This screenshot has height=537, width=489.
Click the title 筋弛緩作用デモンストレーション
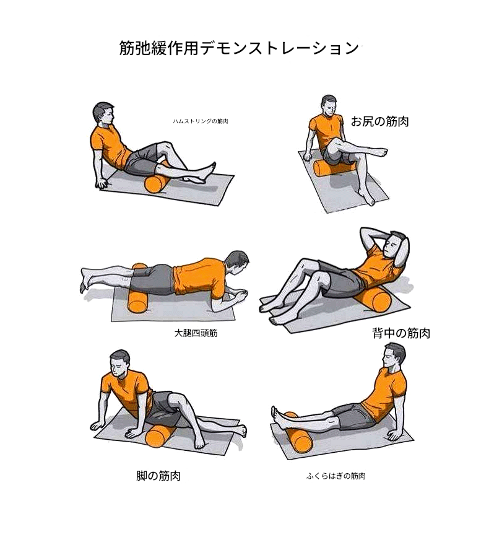click(239, 48)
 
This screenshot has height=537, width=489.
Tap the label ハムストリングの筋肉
click(200, 121)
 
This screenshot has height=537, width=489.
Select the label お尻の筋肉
click(380, 121)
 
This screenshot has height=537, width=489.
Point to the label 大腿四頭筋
click(196, 333)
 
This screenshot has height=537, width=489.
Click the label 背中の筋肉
click(401, 333)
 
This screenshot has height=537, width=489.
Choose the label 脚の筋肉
click(158, 476)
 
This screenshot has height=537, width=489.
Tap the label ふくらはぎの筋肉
click(335, 476)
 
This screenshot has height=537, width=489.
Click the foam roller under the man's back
click(374, 297)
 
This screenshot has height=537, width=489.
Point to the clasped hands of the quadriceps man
click(238, 295)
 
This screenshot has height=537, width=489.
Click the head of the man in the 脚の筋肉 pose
click(120, 363)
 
